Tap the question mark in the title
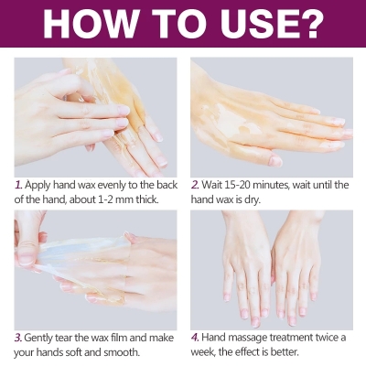pos(312,25)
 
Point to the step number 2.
pos(195,185)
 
